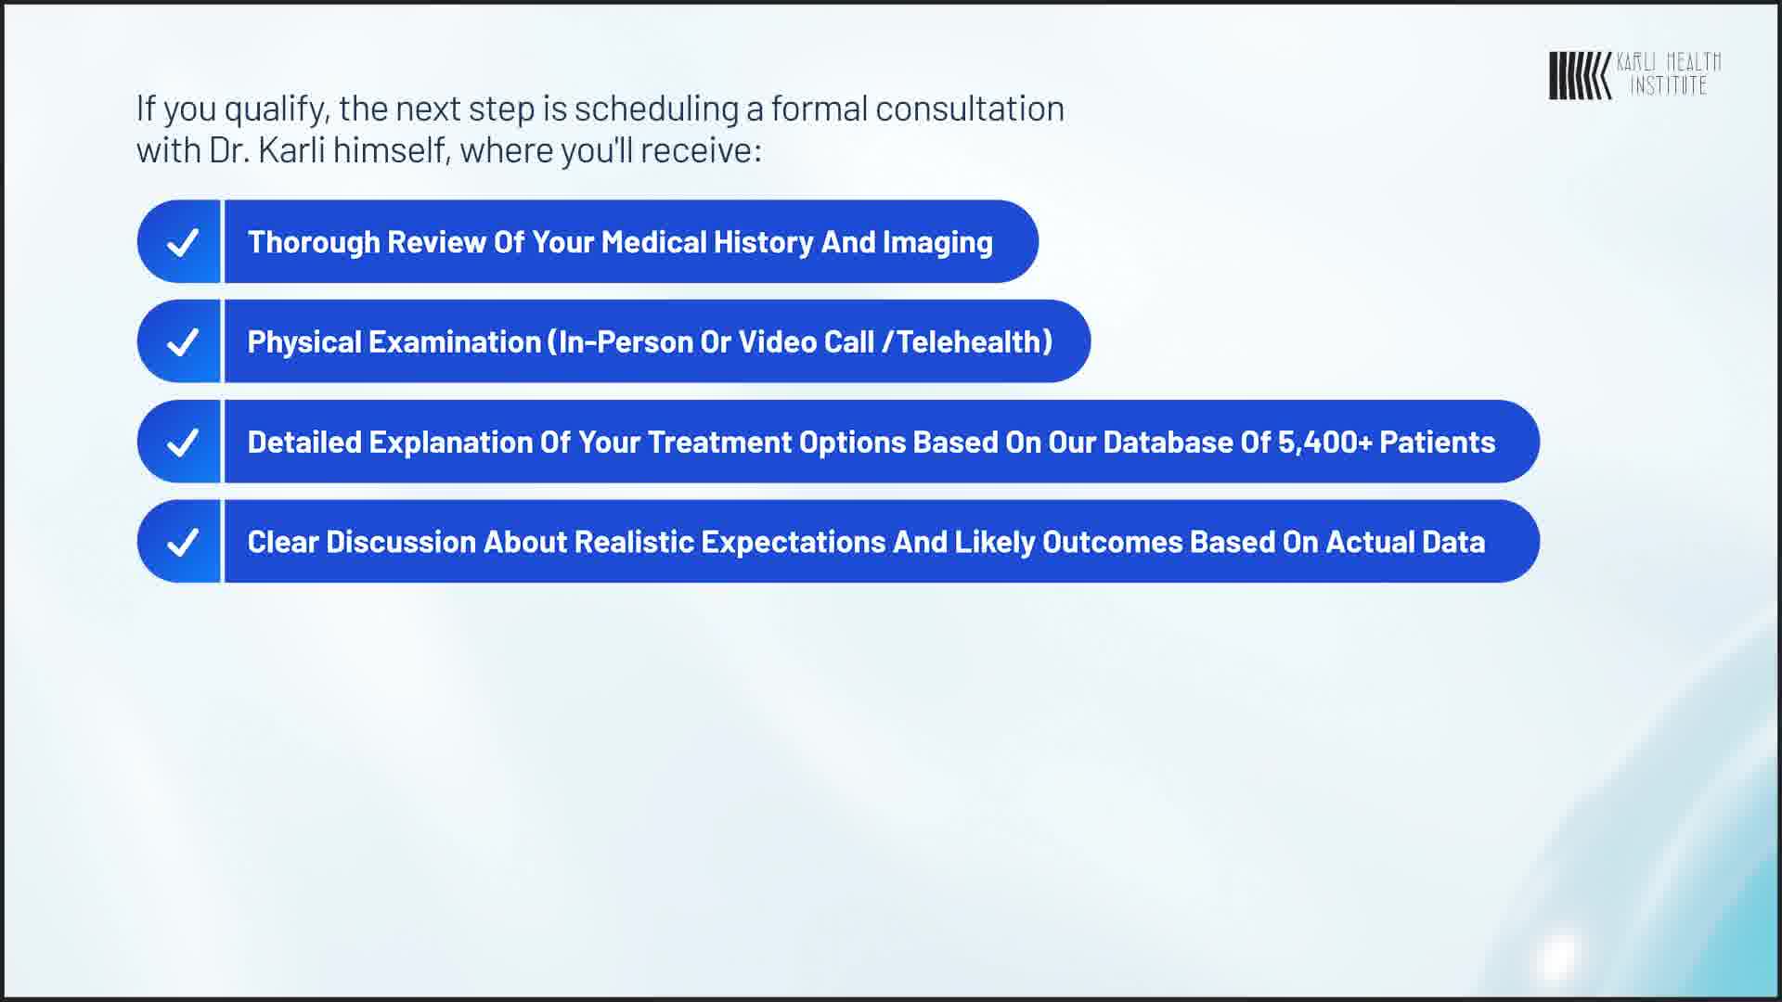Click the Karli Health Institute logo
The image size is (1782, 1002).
pyautogui.click(x=1634, y=75)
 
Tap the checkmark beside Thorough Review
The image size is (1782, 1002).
pyautogui.click(x=182, y=242)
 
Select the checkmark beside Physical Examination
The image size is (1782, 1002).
pyautogui.click(x=182, y=342)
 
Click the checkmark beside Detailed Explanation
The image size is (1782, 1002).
pyautogui.click(x=182, y=443)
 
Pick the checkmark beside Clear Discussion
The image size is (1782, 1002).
pyautogui.click(x=182, y=542)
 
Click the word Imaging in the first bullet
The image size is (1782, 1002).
pyautogui.click(x=937, y=243)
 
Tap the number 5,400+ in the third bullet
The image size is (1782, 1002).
pyautogui.click(x=1324, y=443)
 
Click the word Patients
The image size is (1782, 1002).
pyautogui.click(x=1438, y=442)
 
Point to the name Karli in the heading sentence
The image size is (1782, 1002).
pyautogui.click(x=291, y=150)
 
